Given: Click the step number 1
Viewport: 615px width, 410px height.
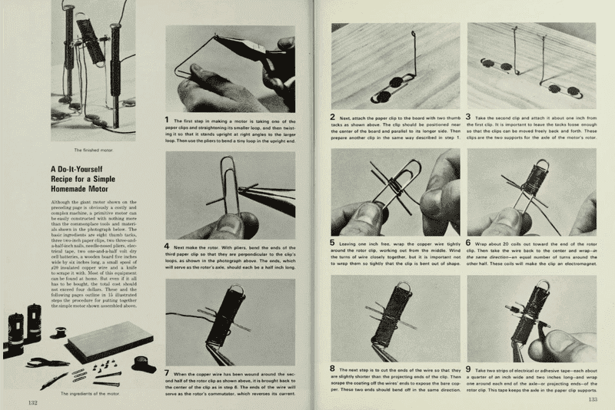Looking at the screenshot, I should pyautogui.click(x=168, y=120).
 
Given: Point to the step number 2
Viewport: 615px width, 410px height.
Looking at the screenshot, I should pyautogui.click(x=333, y=117).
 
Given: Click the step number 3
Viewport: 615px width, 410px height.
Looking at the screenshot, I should pyautogui.click(x=469, y=117).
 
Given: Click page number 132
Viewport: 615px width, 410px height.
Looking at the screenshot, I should pyautogui.click(x=34, y=401).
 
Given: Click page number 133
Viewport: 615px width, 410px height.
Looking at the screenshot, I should pyautogui.click(x=593, y=399).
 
